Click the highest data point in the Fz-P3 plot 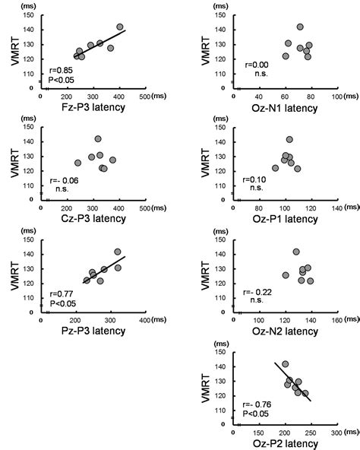(119, 27)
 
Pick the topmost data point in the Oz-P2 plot (285, 364)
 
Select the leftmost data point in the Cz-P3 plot (77, 163)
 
